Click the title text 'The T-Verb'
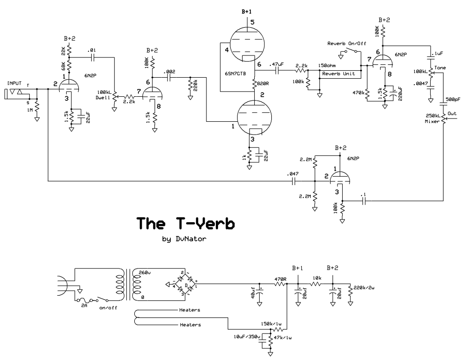click(x=185, y=223)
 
